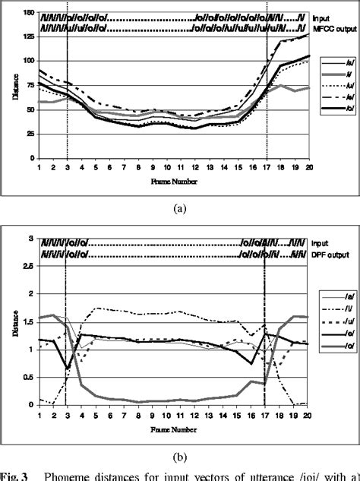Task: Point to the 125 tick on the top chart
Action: pos(28,36)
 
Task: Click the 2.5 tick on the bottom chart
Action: pos(29,266)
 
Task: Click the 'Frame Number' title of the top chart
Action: pos(174,183)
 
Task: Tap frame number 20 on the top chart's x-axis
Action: pos(308,165)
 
